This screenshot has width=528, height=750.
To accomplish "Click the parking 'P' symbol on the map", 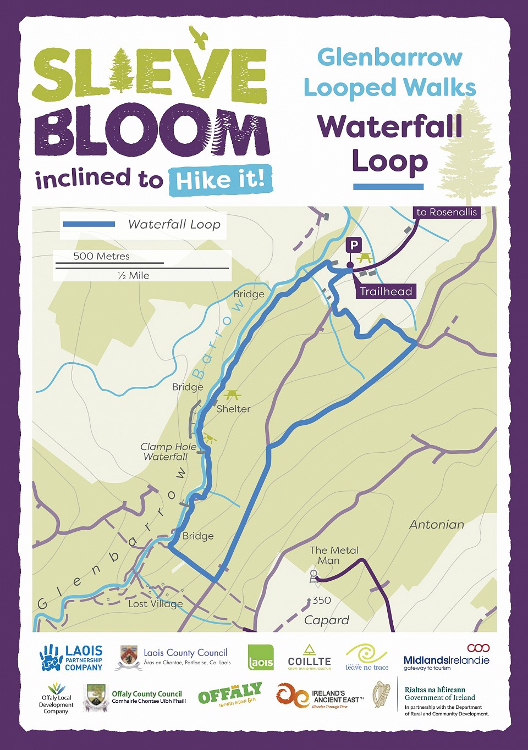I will pos(354,245).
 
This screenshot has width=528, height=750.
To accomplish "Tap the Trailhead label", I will pos(386,291).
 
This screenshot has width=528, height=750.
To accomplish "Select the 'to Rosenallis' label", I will pos(447,212).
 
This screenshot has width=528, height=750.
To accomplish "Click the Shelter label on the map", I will pos(233,409).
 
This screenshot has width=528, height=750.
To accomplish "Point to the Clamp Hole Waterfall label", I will pos(168,452).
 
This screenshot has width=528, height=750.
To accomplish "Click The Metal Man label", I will pos(333,555).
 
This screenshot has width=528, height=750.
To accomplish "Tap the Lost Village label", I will pos(155,603).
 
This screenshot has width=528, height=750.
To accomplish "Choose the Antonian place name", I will pos(437,525).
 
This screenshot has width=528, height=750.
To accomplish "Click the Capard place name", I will pos(327,620).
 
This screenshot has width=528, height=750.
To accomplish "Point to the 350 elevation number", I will pos(321,601).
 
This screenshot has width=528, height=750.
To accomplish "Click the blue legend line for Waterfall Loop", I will pos(89,224).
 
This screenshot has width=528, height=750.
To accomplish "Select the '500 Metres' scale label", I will pos(101,256).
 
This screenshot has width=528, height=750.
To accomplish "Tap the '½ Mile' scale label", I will pos(134,275).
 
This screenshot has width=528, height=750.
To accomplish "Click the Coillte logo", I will pos(310,657).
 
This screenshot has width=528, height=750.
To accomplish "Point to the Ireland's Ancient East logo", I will pos(320,697).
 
